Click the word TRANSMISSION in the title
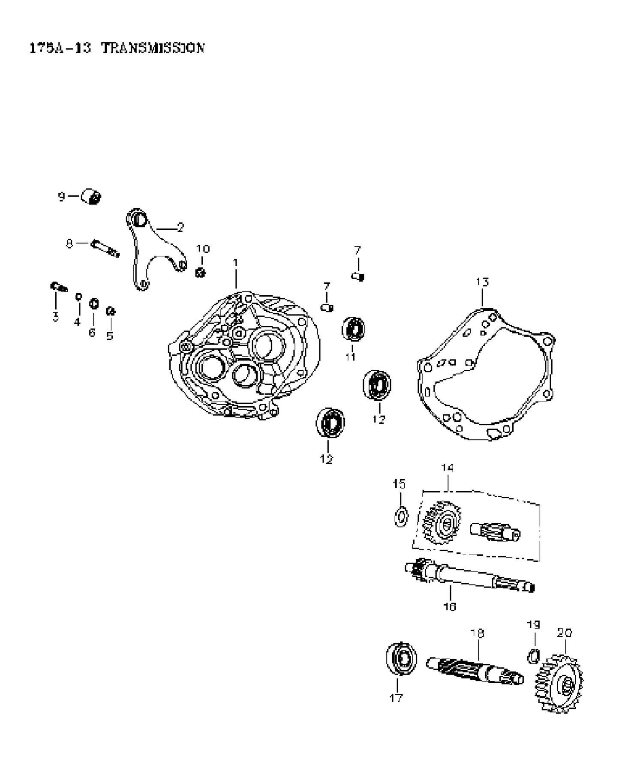(153, 48)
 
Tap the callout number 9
(61, 197)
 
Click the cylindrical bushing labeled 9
(91, 196)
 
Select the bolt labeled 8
(105, 249)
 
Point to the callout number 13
(482, 282)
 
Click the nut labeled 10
(200, 272)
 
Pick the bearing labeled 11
(353, 330)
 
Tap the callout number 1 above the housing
(235, 262)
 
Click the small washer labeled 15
(401, 516)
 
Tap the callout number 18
(477, 633)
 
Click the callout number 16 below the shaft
(450, 606)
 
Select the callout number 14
(447, 468)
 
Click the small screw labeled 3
(58, 287)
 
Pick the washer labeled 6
(94, 304)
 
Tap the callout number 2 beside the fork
(180, 228)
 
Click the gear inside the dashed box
(442, 523)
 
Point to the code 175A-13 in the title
(60, 48)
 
